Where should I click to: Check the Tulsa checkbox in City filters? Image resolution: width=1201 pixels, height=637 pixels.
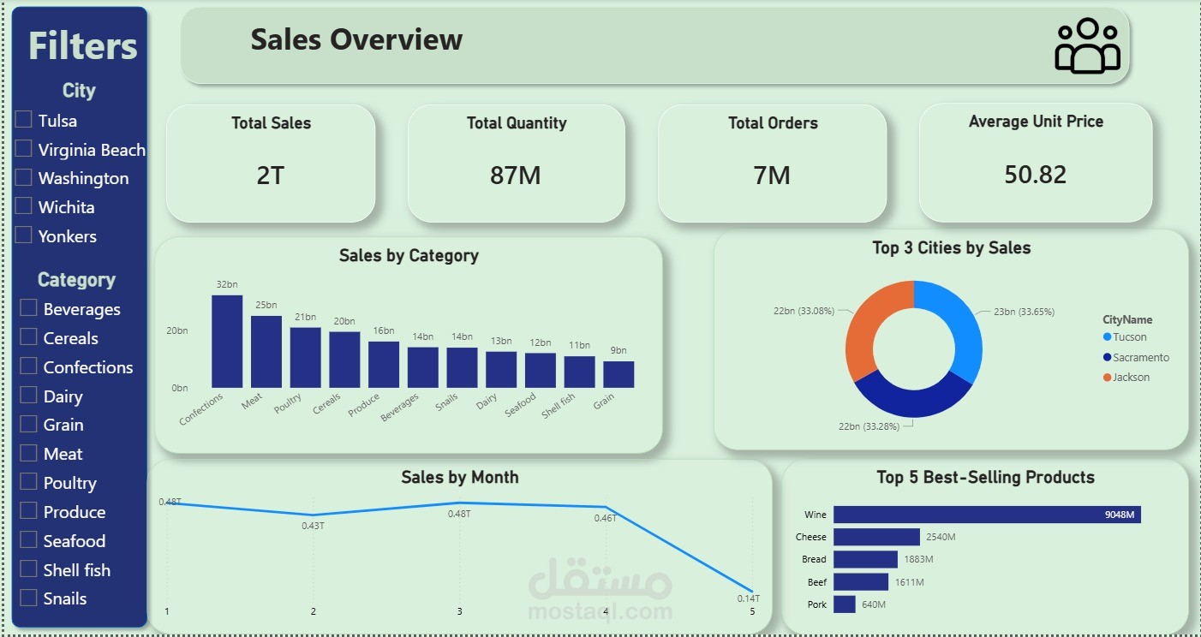(x=24, y=120)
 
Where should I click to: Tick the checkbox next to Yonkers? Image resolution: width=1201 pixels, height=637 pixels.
(x=24, y=235)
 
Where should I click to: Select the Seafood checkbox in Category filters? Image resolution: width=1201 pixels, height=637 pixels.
(x=29, y=540)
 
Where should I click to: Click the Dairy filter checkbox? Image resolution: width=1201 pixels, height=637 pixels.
(x=29, y=396)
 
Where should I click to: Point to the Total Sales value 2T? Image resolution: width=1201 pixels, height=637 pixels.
(x=270, y=176)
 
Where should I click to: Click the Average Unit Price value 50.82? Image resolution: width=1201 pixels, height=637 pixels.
(x=1035, y=175)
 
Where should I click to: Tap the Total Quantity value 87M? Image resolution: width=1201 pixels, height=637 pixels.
(x=516, y=176)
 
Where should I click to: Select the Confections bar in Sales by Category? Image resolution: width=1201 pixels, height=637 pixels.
(x=227, y=342)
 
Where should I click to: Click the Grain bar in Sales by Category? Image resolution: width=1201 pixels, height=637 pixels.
(x=618, y=374)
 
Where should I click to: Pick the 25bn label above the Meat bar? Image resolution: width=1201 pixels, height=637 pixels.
(x=266, y=305)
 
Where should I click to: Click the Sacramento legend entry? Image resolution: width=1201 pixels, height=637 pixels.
(x=1140, y=357)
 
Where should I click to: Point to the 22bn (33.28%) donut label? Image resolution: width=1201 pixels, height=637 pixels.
(x=869, y=426)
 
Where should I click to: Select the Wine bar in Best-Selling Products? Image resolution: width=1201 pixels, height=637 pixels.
(x=986, y=515)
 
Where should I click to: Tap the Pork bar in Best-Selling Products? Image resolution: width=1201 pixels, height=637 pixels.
(x=844, y=604)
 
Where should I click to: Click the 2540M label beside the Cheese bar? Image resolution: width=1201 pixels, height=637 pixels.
(x=941, y=537)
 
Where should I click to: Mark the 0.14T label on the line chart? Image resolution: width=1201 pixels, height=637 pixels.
(x=748, y=598)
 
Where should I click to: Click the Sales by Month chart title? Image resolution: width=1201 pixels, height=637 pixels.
(x=459, y=477)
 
